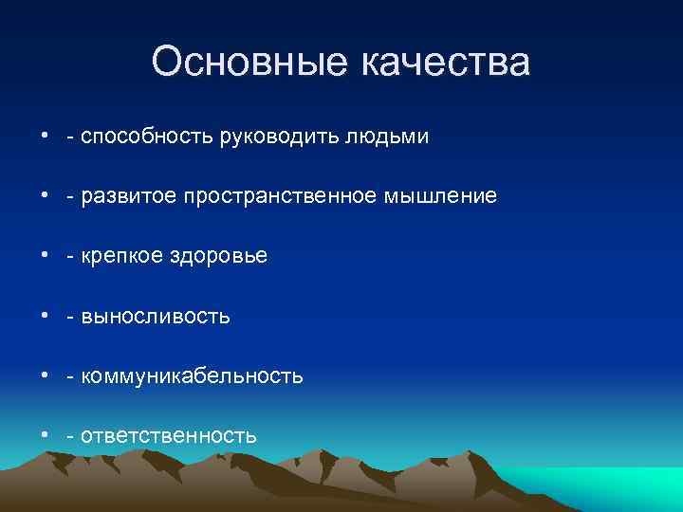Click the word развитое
click(125, 197)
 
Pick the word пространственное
click(273, 197)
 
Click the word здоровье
click(220, 257)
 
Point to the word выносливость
click(156, 317)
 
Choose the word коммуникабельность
click(192, 376)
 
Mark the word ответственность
click(169, 436)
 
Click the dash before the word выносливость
click(71, 318)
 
